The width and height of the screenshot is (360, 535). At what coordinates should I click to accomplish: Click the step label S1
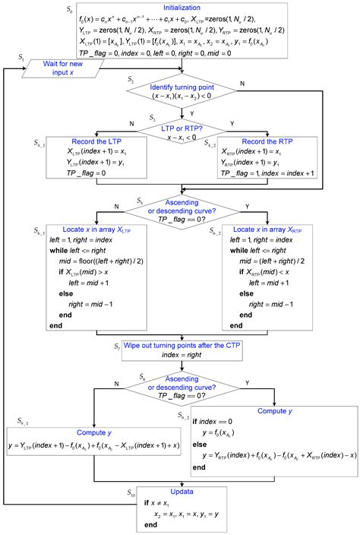(x=21, y=58)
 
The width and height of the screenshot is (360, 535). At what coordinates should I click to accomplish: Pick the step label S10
(x=132, y=492)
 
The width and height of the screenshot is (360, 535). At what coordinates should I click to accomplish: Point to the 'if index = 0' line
(x=213, y=421)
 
